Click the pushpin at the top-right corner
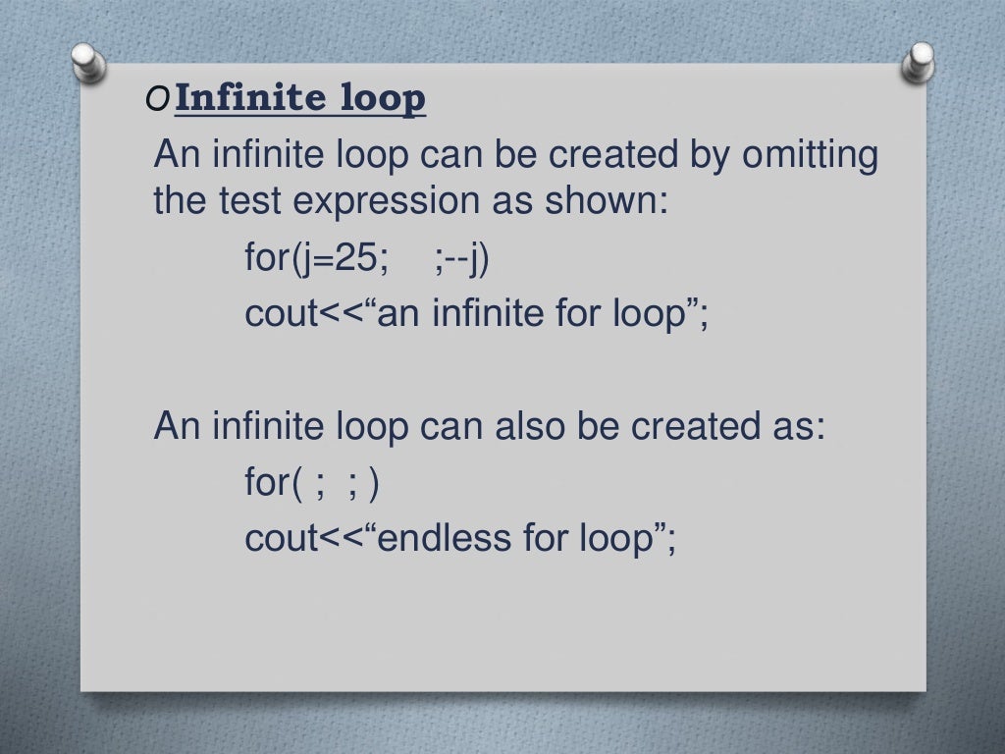[921, 61]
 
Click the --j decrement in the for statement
[472, 260]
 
